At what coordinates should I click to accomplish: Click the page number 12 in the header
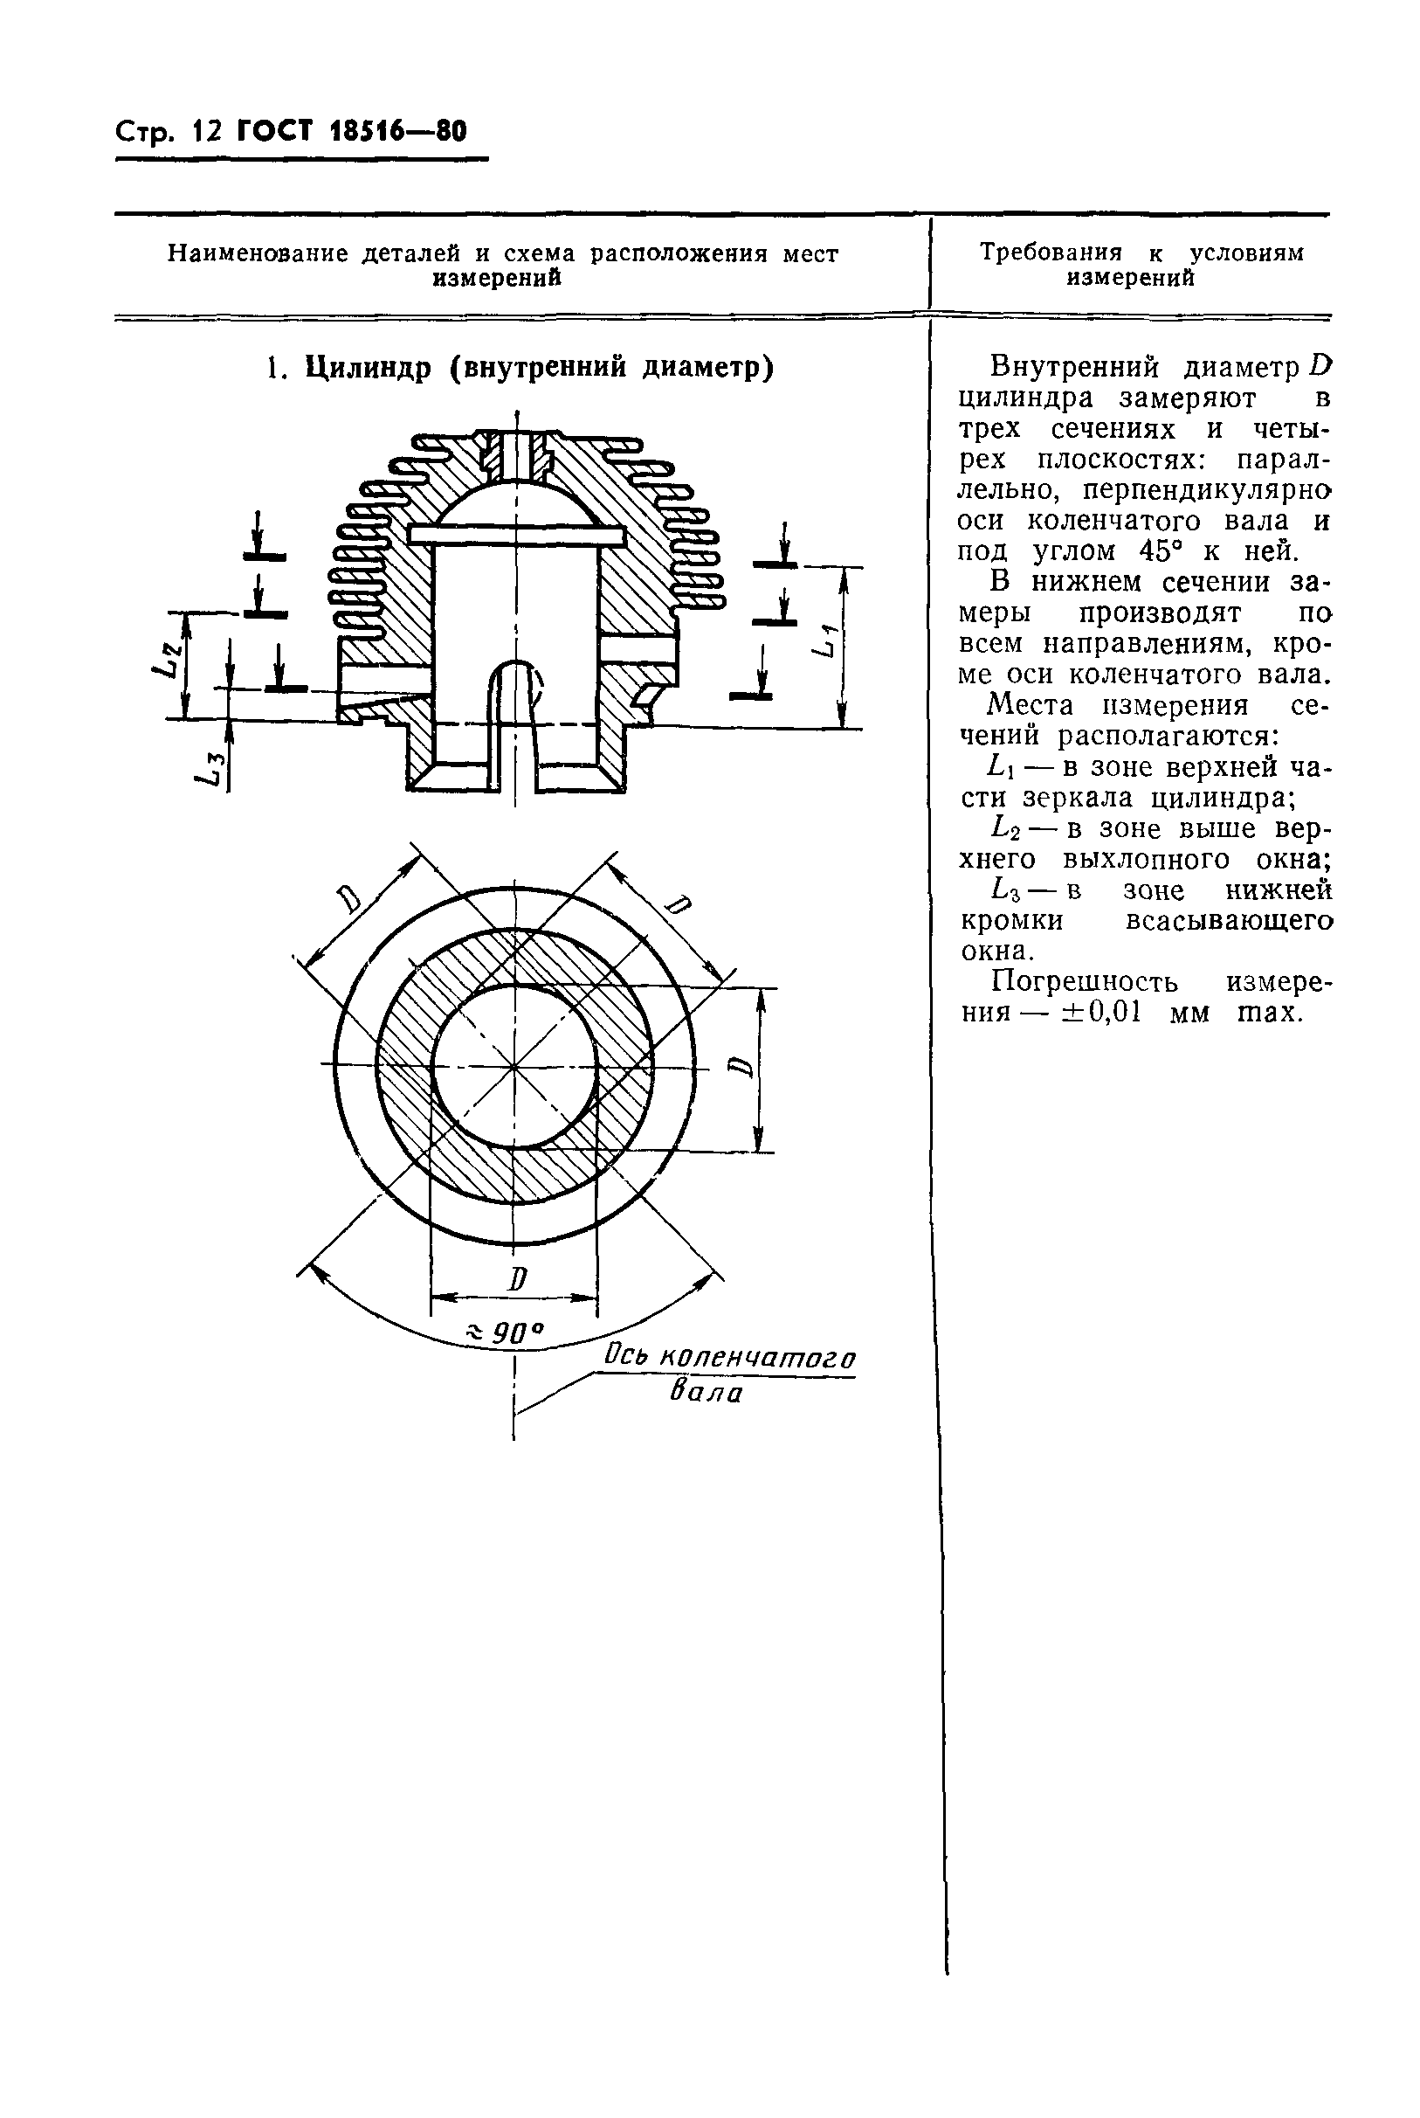pos(206,132)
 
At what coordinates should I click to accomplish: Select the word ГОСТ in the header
pos(273,132)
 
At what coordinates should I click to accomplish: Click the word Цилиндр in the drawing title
pos(368,368)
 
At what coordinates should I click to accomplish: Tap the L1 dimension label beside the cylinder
pos(825,640)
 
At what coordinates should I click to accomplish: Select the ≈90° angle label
pos(504,1332)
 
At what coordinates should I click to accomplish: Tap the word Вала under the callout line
pos(707,1393)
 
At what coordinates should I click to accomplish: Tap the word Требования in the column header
pos(1051,253)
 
